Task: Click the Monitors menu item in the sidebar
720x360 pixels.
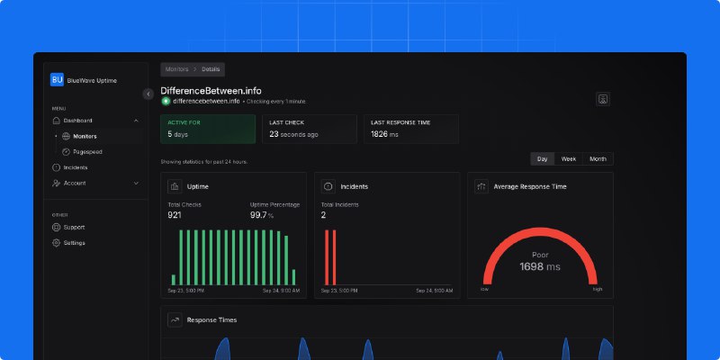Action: point(85,137)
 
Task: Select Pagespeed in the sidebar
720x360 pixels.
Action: point(86,152)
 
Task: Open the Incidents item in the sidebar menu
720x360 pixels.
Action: point(75,167)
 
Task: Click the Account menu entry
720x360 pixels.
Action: point(74,183)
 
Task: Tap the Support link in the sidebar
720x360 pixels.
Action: point(74,227)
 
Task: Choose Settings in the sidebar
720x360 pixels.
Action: point(74,243)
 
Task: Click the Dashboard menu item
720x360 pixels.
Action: point(77,121)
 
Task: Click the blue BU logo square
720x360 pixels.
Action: point(57,80)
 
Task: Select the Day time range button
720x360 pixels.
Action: point(543,158)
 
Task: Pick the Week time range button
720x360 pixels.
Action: point(569,158)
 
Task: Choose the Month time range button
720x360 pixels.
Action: point(598,158)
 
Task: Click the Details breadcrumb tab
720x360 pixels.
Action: point(211,69)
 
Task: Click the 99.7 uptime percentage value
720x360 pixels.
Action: point(259,215)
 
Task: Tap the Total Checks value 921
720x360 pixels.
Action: point(175,215)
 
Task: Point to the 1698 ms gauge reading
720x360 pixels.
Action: point(540,267)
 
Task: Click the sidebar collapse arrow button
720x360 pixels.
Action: point(148,94)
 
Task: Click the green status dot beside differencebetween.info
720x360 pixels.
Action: point(166,101)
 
